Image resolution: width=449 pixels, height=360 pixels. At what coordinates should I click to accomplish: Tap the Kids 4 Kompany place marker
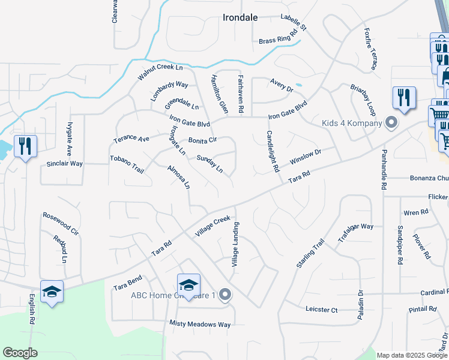coord(391,124)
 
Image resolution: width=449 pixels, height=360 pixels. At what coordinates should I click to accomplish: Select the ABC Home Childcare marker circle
coord(225,294)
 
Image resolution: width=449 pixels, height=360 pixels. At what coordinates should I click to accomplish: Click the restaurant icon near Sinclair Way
coord(25,146)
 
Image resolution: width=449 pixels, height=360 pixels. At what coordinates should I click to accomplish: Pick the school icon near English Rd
coord(52,292)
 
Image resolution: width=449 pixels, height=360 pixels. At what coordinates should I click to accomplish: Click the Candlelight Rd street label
coord(273,152)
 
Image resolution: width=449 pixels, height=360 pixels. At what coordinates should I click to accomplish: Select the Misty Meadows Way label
coord(200,325)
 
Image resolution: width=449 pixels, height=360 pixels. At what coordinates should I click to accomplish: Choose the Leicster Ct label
coord(322,310)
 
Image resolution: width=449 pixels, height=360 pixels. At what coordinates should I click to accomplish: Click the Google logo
coord(20,353)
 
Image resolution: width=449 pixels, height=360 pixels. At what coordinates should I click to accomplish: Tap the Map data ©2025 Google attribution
coord(411,355)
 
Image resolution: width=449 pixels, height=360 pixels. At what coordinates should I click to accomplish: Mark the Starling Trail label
coord(310,253)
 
